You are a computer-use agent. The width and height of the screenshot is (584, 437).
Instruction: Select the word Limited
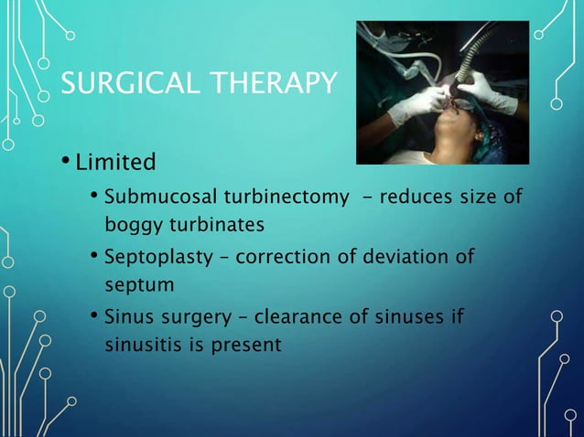point(115,165)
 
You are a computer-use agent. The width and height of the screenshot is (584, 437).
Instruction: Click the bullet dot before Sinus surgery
point(95,316)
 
